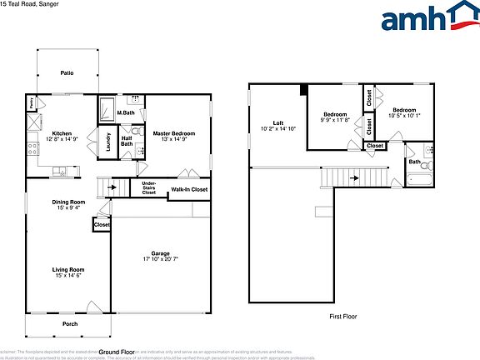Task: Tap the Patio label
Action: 67,73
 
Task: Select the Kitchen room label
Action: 62,133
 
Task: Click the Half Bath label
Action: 127,141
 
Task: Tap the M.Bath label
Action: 126,112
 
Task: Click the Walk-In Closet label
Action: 189,191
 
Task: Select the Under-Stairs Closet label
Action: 149,188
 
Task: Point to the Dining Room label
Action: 67,202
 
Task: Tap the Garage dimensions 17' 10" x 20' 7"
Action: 160,260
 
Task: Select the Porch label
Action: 70,323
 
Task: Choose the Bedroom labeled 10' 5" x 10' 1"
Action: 404,110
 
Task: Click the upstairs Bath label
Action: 414,162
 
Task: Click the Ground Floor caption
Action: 116,352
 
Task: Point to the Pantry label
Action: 31,104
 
